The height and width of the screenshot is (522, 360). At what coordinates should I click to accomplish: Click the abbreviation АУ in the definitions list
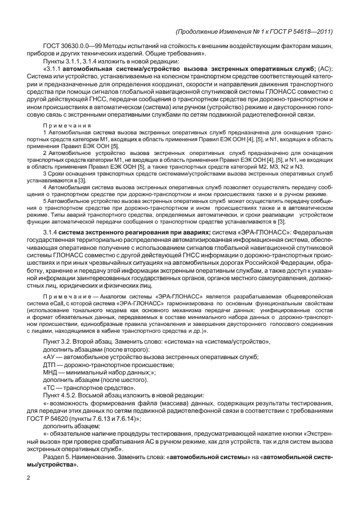[x=50, y=357]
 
